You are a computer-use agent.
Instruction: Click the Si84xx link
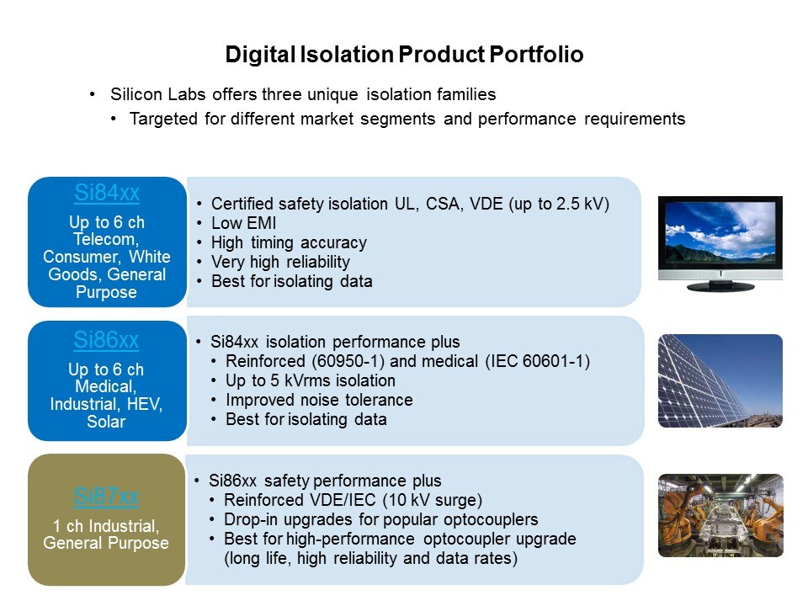pyautogui.click(x=107, y=193)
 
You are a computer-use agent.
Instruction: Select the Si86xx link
pyautogui.click(x=106, y=340)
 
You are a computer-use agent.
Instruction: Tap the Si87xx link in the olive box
pyautogui.click(x=106, y=497)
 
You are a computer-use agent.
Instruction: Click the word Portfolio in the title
pyautogui.click(x=536, y=55)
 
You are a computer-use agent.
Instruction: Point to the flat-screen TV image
pyautogui.click(x=720, y=244)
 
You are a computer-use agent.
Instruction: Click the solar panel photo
pyautogui.click(x=720, y=380)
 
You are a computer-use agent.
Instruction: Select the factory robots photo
pyautogui.click(x=720, y=515)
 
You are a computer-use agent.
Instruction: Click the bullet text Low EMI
pyautogui.click(x=244, y=223)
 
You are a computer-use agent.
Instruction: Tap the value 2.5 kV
pyautogui.click(x=579, y=204)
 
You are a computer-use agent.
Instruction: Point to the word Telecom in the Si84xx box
pyautogui.click(x=104, y=239)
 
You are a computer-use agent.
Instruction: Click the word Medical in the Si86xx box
pyautogui.click(x=104, y=386)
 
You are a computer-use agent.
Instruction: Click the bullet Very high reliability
pyautogui.click(x=280, y=262)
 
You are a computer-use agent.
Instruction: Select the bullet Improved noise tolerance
pyautogui.click(x=319, y=400)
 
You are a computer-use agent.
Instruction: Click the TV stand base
pyautogui.click(x=720, y=286)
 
